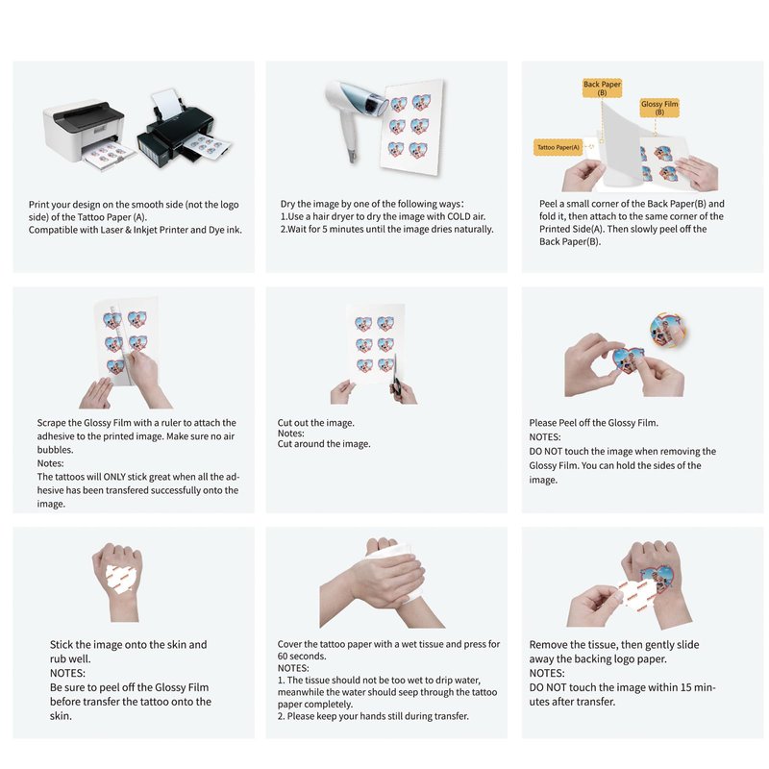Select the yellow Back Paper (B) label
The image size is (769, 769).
(x=602, y=88)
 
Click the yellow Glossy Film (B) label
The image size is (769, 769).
(x=659, y=108)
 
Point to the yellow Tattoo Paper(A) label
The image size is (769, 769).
(x=558, y=147)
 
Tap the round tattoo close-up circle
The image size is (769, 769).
(x=667, y=330)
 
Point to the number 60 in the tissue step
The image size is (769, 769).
(x=283, y=657)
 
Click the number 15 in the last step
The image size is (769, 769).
(x=686, y=687)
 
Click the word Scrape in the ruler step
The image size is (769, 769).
(x=52, y=423)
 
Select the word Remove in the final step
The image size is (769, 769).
(x=547, y=645)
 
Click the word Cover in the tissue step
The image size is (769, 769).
(x=289, y=644)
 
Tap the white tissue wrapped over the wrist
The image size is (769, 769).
(x=392, y=574)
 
